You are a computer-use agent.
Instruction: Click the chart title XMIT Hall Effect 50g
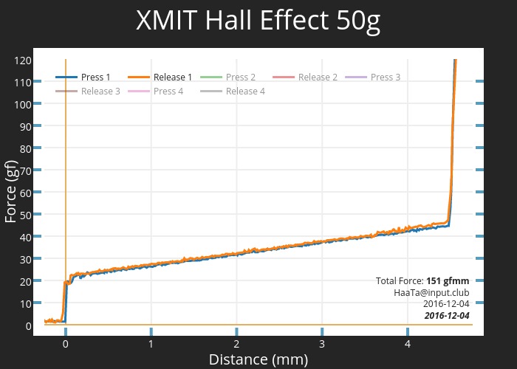258,21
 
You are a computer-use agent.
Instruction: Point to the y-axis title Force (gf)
10,191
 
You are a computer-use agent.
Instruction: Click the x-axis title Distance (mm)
258,359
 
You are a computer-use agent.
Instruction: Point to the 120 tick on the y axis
22,60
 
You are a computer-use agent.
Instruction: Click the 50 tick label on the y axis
24,215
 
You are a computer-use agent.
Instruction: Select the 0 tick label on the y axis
27,325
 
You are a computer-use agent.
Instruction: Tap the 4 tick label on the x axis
407,343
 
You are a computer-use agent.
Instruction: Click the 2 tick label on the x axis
236,343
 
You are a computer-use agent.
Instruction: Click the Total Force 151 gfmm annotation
422,280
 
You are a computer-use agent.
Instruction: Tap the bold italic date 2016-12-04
446,316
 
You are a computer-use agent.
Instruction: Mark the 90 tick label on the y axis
24,126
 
